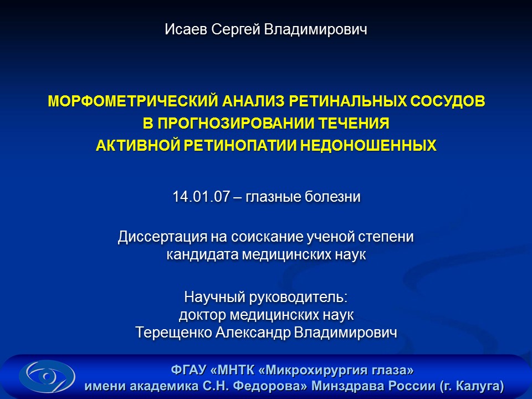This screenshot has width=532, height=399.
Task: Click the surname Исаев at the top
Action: (x=186, y=29)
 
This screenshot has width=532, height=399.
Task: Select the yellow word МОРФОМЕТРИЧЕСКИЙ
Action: (x=132, y=101)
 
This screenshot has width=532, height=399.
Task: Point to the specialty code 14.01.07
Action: (x=201, y=197)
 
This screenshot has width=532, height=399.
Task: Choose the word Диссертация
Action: (x=162, y=237)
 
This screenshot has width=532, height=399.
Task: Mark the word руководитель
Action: (x=299, y=297)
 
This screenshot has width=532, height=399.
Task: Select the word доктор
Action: (x=202, y=315)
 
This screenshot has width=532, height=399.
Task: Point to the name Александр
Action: (x=253, y=332)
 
